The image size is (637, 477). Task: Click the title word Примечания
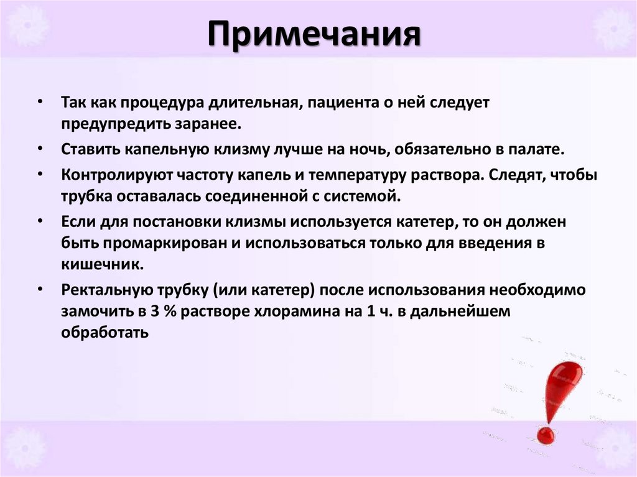[314, 35]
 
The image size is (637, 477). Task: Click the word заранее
[210, 123]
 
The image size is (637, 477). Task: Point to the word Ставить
[88, 150]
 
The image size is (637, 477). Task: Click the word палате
[537, 150]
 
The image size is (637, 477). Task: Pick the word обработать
[105, 333]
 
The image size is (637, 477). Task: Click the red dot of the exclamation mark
[546, 435]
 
